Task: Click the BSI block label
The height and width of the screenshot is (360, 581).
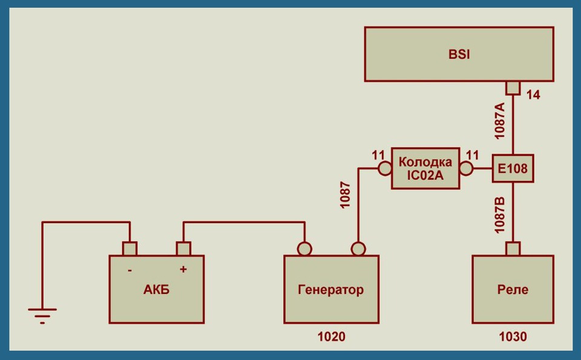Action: pyautogui.click(x=459, y=54)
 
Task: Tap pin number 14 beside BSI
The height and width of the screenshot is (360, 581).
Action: pyautogui.click(x=533, y=95)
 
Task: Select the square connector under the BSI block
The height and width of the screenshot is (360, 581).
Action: pyautogui.click(x=513, y=88)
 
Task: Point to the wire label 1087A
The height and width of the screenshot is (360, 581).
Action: pyautogui.click(x=500, y=121)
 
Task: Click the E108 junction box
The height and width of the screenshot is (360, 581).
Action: pyautogui.click(x=513, y=169)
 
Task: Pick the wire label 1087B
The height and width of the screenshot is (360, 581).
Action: pyautogui.click(x=500, y=215)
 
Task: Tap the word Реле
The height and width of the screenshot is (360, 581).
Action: pyautogui.click(x=513, y=290)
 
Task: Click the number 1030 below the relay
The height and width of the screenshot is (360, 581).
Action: pyautogui.click(x=513, y=337)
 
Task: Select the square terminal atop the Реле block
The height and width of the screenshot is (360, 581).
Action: pyautogui.click(x=513, y=249)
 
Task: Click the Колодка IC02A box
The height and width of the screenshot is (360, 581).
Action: pyautogui.click(x=425, y=169)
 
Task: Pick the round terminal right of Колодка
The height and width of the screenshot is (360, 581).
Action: pyautogui.click(x=466, y=169)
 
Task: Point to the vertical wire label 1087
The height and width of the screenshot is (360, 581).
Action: pyautogui.click(x=346, y=195)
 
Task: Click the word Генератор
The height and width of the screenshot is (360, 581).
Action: pyautogui.click(x=331, y=290)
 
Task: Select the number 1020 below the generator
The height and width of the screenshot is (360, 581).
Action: pyautogui.click(x=331, y=337)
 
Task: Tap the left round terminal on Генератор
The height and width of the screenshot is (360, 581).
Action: pyautogui.click(x=304, y=249)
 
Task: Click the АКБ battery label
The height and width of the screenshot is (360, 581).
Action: pyautogui.click(x=156, y=290)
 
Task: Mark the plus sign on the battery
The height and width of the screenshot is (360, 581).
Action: pyautogui.click(x=183, y=269)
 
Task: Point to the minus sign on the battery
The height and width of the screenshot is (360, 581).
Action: pyautogui.click(x=130, y=270)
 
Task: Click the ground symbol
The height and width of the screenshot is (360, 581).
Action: pyautogui.click(x=42, y=315)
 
